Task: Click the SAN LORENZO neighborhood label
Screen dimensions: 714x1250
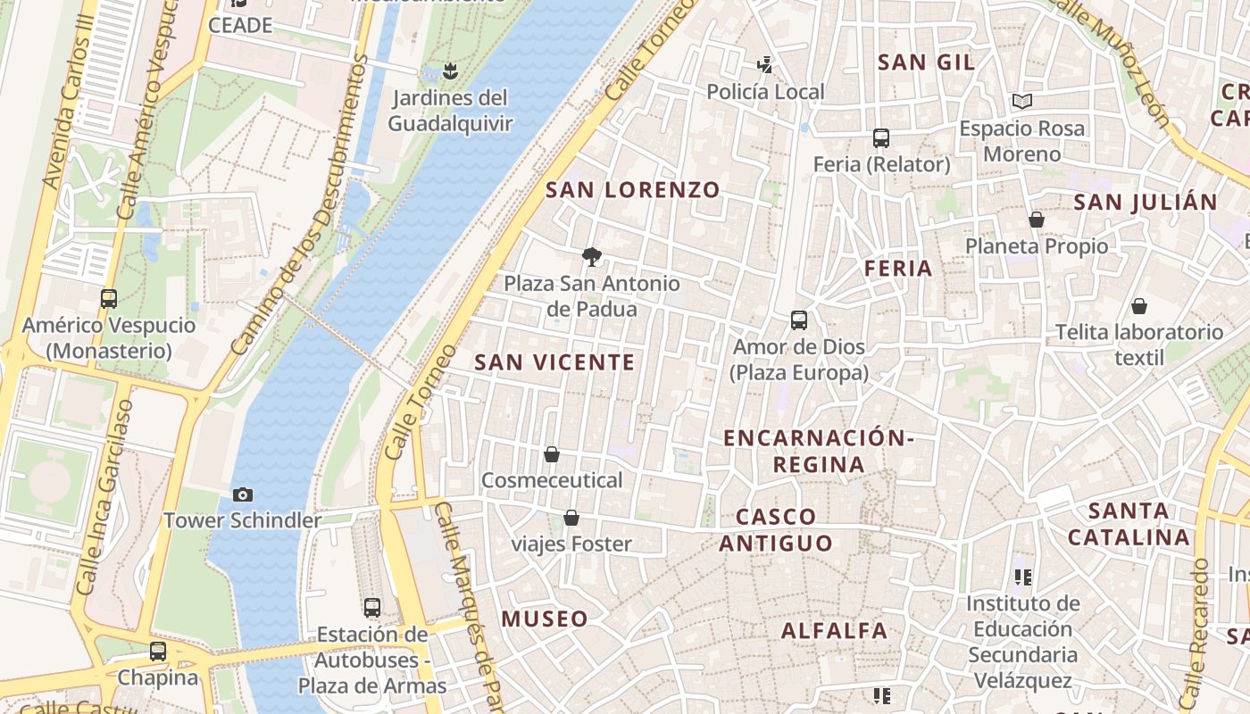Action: click(x=632, y=189)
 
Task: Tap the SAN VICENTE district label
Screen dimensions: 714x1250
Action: click(x=554, y=362)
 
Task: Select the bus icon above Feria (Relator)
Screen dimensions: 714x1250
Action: click(x=881, y=138)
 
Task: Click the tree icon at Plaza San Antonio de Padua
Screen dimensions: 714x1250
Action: click(x=591, y=258)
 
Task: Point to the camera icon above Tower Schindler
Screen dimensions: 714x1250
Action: click(x=242, y=494)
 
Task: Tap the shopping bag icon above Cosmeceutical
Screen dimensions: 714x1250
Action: click(x=552, y=454)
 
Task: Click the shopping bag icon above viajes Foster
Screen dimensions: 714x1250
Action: click(x=571, y=518)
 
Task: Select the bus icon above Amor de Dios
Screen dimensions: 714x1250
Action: click(x=799, y=320)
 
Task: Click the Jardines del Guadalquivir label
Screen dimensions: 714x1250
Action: click(x=450, y=111)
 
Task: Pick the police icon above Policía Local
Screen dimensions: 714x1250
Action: click(x=764, y=64)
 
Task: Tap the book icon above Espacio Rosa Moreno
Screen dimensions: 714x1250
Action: click(x=1022, y=102)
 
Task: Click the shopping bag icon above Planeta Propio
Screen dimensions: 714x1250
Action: click(x=1037, y=220)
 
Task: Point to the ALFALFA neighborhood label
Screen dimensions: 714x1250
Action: click(x=835, y=631)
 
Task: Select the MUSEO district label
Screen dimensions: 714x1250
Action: click(x=545, y=619)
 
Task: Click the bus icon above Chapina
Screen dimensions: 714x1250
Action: click(x=158, y=652)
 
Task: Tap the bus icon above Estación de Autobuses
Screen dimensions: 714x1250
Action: click(x=372, y=608)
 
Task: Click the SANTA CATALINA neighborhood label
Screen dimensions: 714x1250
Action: click(x=1129, y=524)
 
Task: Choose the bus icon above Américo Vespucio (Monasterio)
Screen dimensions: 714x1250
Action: click(x=109, y=299)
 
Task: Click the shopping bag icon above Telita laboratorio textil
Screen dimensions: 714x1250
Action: click(x=1139, y=306)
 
